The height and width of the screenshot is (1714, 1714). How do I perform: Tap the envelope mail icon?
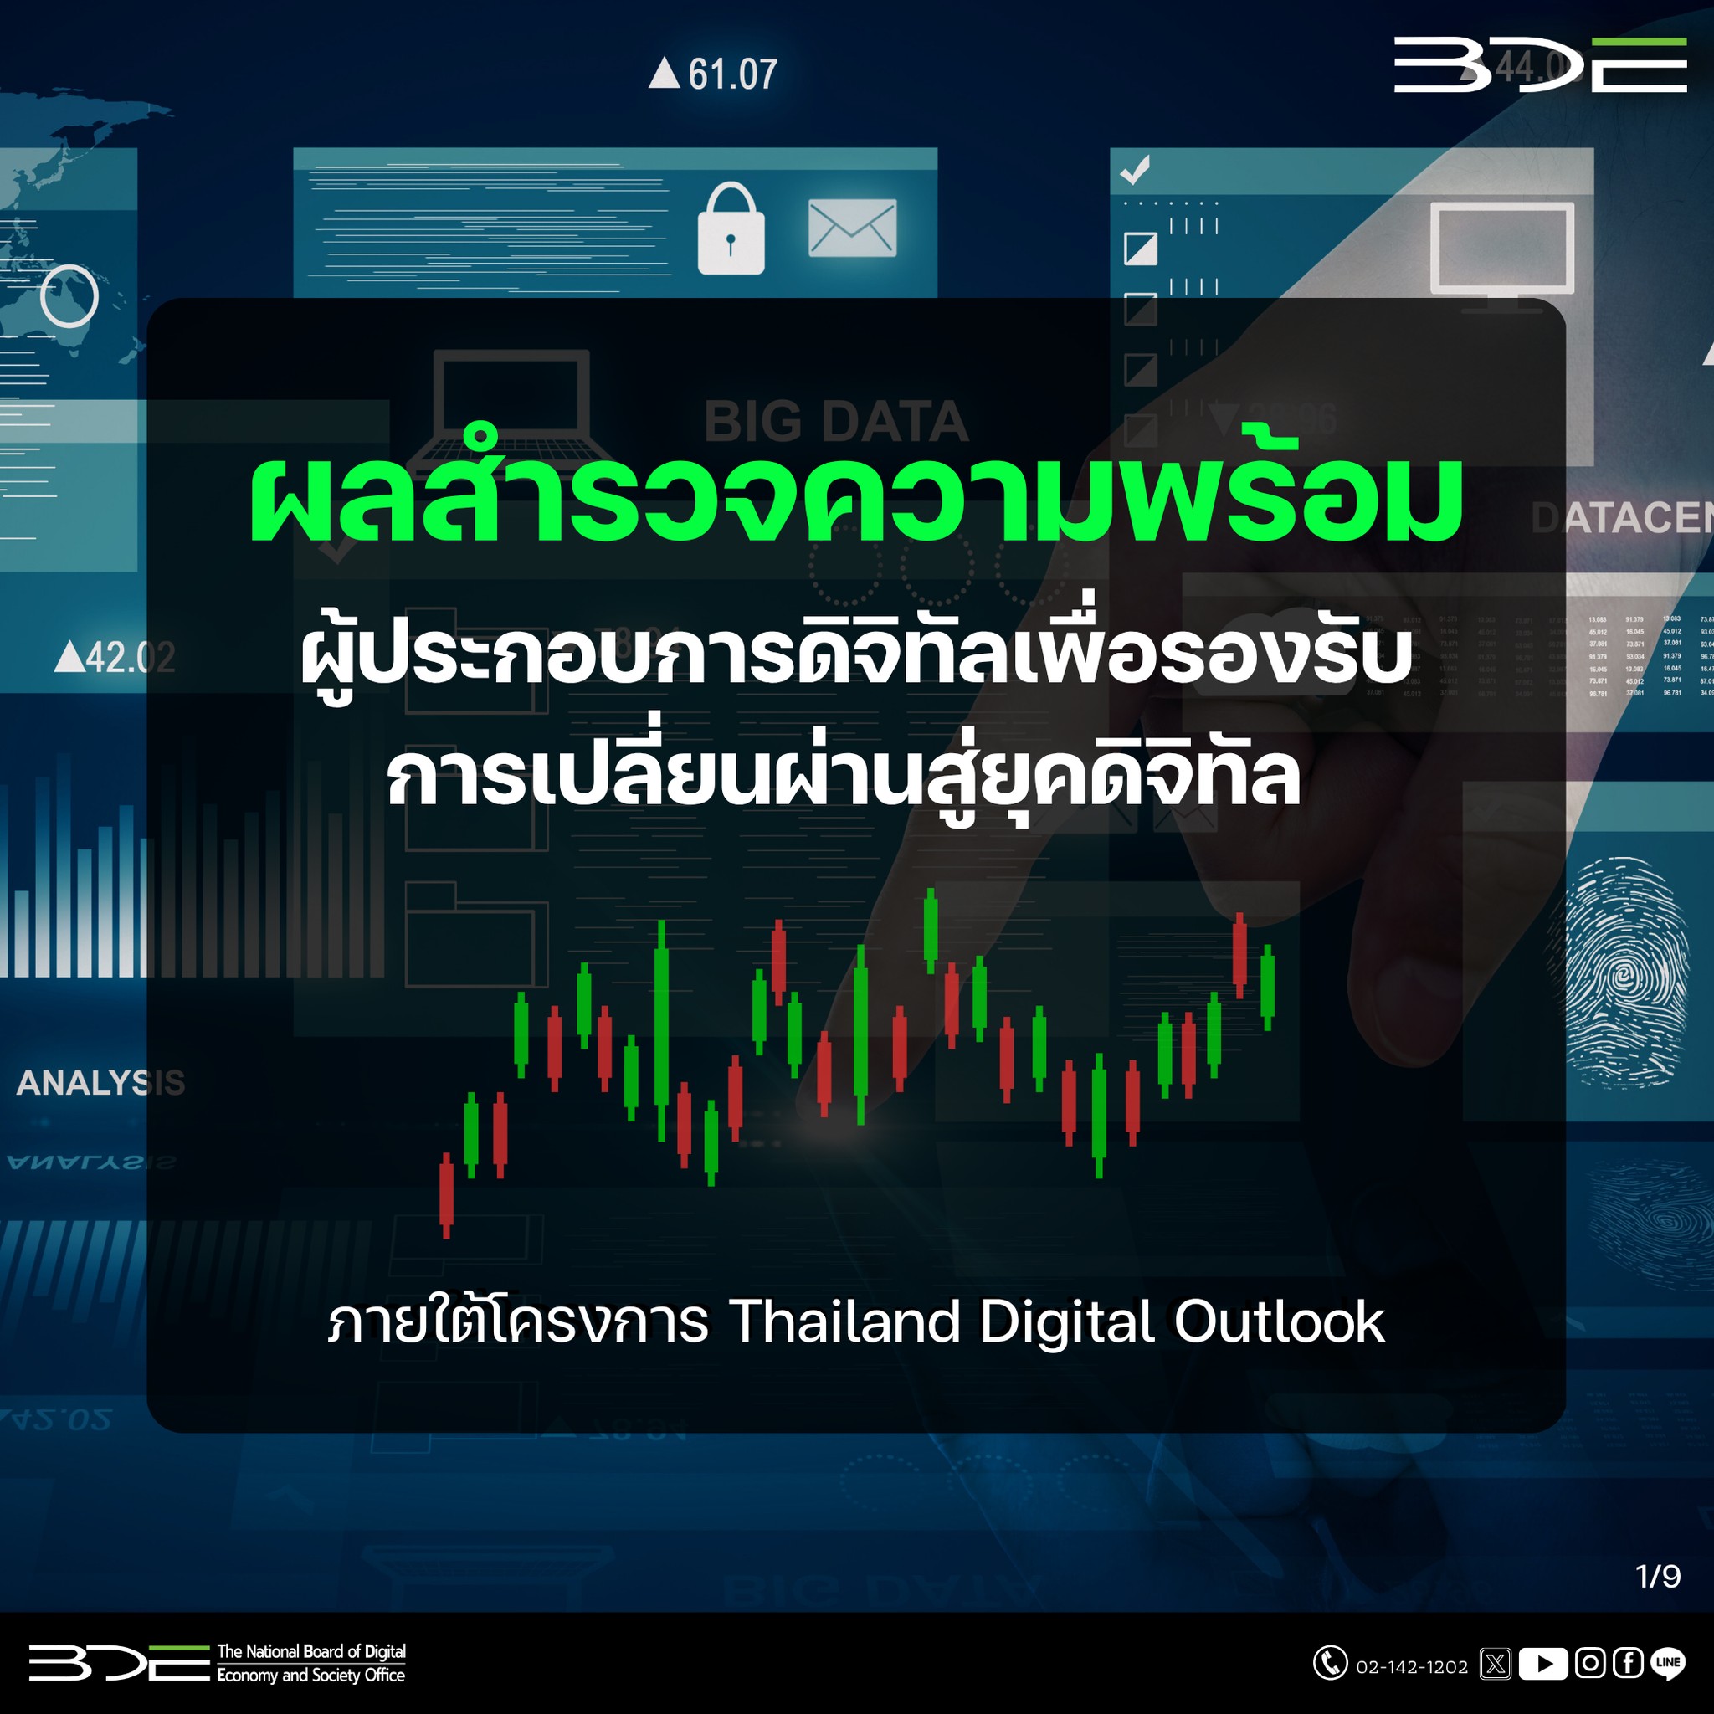click(852, 228)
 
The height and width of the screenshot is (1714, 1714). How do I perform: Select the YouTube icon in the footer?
click(1542, 1664)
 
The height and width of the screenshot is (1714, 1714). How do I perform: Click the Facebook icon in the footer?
click(1628, 1663)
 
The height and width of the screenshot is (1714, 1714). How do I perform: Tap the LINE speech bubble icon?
click(1668, 1664)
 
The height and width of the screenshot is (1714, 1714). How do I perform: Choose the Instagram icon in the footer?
click(1590, 1663)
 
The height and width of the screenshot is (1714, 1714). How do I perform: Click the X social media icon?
click(1496, 1664)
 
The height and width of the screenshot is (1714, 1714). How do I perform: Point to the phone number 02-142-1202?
click(1413, 1667)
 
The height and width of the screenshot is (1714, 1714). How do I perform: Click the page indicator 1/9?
click(1657, 1576)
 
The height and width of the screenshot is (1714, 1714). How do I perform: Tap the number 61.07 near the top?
click(732, 74)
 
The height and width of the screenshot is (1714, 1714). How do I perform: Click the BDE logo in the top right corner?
click(1540, 64)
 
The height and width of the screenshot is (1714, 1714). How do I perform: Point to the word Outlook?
click(1280, 1321)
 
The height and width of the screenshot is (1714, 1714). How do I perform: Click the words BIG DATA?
click(836, 422)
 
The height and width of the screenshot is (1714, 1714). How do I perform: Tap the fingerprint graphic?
click(1625, 972)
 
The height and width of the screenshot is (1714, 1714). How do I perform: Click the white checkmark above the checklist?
click(1136, 168)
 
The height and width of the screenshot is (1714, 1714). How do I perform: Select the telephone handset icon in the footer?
click(1330, 1663)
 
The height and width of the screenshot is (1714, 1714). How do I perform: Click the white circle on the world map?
click(69, 295)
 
